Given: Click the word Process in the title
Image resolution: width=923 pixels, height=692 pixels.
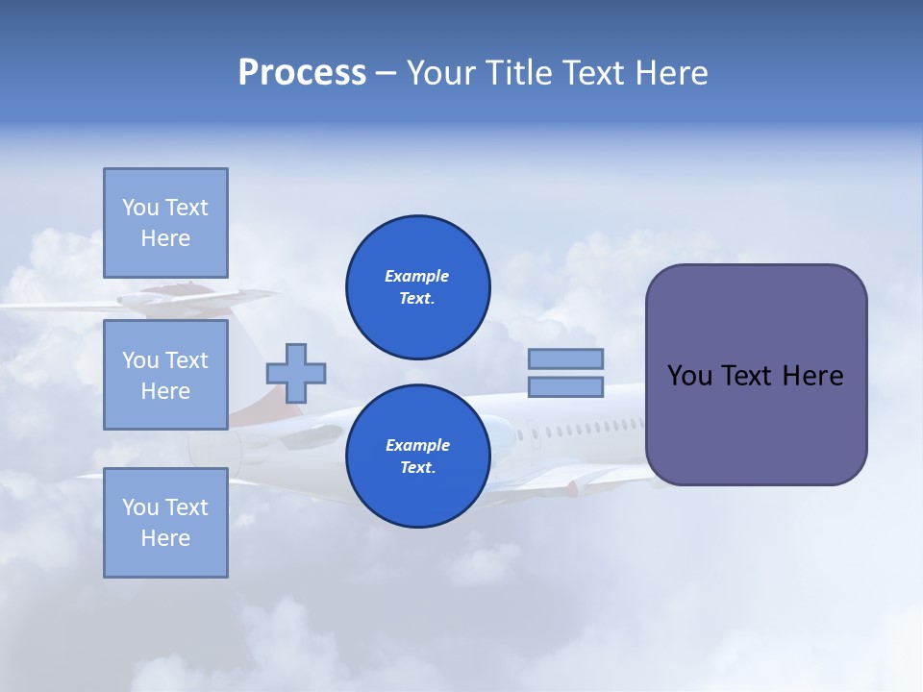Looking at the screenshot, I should point(302,73).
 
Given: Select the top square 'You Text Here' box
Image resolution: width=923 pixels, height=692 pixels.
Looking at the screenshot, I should point(165,223).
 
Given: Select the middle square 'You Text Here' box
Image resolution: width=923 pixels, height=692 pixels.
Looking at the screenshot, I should point(165,375).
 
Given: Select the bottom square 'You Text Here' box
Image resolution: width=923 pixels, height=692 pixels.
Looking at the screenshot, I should point(165,522).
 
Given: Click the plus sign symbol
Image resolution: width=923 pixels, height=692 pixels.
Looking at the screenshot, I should point(296,373).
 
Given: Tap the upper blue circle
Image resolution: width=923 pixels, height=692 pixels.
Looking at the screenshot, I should point(417,287).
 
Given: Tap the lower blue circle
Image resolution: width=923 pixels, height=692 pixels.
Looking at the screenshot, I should point(417,457).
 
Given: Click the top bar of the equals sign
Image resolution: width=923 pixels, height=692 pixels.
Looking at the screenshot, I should point(565,358).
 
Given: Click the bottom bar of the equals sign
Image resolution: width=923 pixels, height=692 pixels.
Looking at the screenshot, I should point(565,387).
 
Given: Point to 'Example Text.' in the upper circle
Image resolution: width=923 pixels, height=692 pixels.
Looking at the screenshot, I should point(417,287).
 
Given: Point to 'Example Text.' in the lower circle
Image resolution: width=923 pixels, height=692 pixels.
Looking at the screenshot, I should point(417,457).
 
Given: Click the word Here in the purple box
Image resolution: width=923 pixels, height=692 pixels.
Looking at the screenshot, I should point(812,376).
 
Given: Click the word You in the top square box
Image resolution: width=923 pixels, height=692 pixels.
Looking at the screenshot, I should point(140,208).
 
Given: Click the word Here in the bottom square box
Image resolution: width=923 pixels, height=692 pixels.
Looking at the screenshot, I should point(165,538).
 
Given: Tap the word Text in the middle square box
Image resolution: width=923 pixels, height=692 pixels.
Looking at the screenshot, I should point(186,360).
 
